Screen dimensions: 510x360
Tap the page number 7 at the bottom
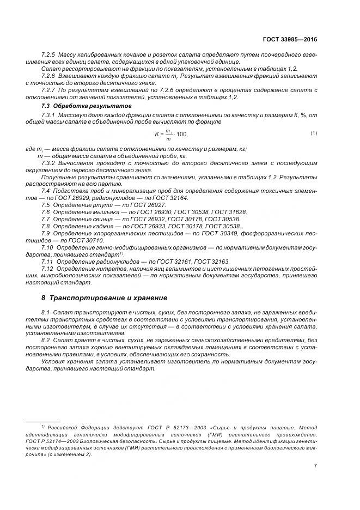pos(315,465)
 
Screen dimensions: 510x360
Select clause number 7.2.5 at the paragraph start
pos(49,56)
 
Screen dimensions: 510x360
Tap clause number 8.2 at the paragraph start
pos(46,339)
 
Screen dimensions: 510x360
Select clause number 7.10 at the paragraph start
pos(47,247)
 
